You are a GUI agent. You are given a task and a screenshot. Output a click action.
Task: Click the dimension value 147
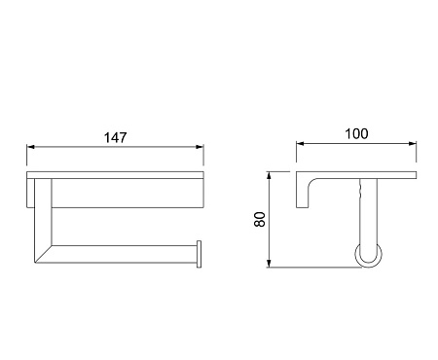115,137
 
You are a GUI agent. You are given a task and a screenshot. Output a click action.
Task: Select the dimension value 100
356,133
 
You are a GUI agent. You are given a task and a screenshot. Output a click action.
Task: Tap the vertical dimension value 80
260,219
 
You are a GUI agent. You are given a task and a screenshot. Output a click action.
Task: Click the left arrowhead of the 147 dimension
30,147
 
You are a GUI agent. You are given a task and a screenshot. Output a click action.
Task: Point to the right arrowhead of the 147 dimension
200,147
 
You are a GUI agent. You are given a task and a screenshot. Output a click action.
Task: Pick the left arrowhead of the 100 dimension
300,144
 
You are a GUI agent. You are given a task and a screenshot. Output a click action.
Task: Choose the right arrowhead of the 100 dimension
413,144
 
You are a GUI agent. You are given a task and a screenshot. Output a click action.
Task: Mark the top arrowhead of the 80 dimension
269,175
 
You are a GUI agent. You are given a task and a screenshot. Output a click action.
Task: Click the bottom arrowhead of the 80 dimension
269,264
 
